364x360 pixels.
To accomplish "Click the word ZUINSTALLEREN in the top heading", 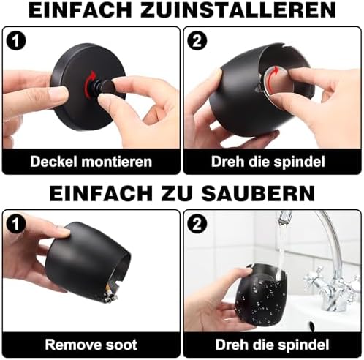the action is point(238,10).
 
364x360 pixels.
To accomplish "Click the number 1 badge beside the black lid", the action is point(15,41).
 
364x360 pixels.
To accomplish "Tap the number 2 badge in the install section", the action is point(197,41).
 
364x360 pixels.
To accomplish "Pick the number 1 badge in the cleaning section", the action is point(15,224).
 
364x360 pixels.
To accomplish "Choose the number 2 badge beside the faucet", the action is point(197,224).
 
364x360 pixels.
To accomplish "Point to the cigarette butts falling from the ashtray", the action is point(109,293).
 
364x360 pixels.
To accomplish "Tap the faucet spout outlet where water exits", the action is point(284,220).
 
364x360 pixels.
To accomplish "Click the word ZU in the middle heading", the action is point(177,193).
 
